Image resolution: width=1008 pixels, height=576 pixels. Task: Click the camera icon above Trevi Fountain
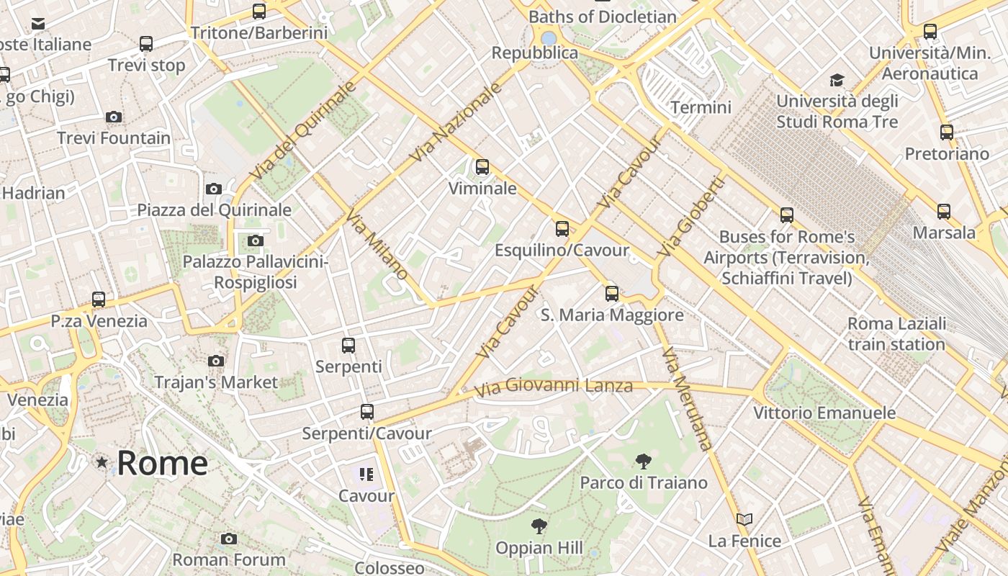click(x=113, y=117)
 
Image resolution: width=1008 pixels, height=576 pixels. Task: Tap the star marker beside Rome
click(x=102, y=462)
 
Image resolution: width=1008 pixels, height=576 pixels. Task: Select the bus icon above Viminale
click(x=482, y=167)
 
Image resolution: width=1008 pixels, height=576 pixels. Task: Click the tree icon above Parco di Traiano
click(x=644, y=462)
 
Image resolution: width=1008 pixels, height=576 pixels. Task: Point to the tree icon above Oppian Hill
click(x=539, y=526)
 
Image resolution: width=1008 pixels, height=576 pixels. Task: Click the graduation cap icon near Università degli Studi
click(x=837, y=80)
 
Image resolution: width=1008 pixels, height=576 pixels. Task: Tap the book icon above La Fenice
click(x=744, y=519)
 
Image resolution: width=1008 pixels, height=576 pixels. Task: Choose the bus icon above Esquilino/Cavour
click(x=562, y=229)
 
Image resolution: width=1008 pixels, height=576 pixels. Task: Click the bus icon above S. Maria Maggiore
click(x=612, y=294)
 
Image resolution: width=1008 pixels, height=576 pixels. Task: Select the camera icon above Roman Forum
click(x=229, y=539)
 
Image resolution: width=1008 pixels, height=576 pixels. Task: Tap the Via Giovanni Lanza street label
click(x=554, y=387)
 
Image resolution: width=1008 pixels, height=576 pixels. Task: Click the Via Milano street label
click(x=377, y=245)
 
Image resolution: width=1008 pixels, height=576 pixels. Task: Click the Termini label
click(x=701, y=107)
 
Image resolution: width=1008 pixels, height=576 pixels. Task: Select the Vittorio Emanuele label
click(x=824, y=413)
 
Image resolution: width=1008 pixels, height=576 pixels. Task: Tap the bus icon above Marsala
click(x=944, y=212)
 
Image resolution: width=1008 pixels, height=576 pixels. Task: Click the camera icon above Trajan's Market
click(x=216, y=361)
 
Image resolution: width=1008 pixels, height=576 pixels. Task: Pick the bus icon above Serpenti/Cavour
click(x=367, y=412)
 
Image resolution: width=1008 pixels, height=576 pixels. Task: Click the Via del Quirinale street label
click(x=303, y=131)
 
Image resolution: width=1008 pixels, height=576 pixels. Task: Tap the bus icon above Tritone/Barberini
click(x=259, y=12)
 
